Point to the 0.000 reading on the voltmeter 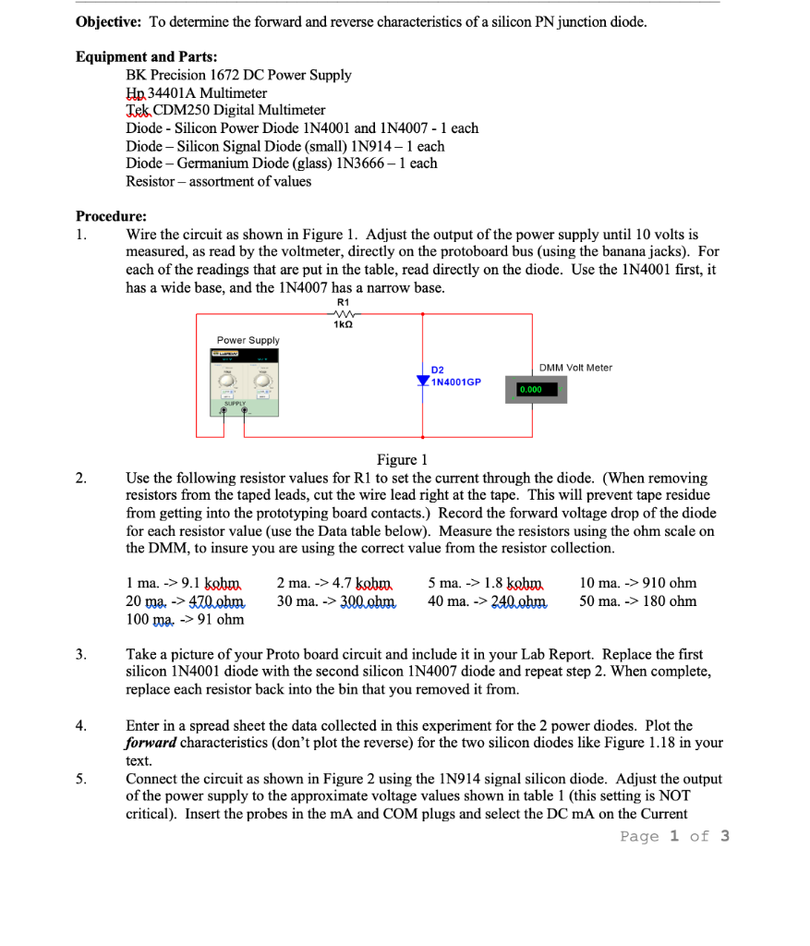(x=530, y=390)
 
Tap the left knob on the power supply (x=226, y=382)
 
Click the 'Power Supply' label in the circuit (x=248, y=340)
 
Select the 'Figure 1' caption (x=402, y=460)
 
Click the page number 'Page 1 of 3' (x=674, y=836)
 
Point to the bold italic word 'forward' (x=151, y=743)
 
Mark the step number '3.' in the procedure (x=81, y=654)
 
